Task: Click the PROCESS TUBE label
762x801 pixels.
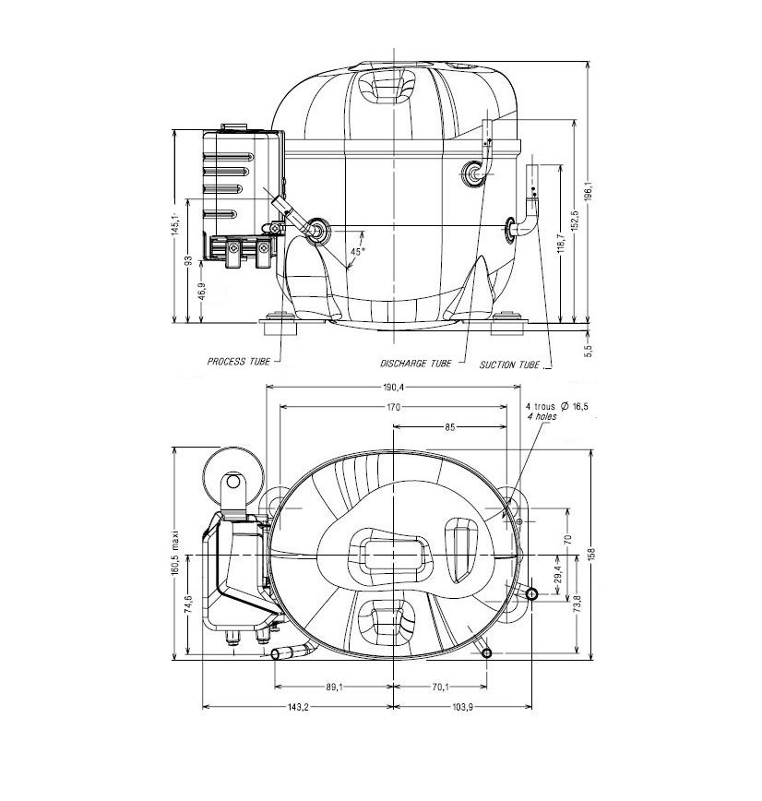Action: tap(238, 362)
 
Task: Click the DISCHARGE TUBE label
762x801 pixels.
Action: tap(416, 364)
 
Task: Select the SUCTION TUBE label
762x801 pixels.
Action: tap(509, 365)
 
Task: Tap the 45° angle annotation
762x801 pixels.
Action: tap(357, 251)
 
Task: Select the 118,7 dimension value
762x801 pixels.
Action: tap(561, 245)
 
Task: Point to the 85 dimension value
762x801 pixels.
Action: tap(448, 427)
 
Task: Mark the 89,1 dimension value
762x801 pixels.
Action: tap(334, 687)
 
